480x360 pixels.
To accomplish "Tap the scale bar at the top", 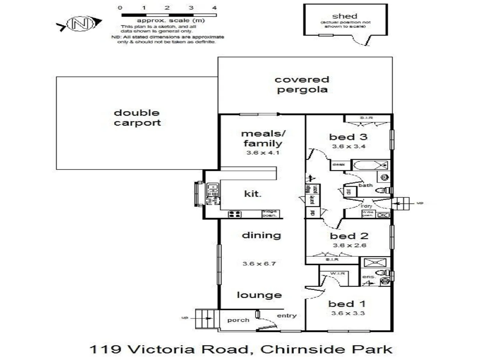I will point(169,15).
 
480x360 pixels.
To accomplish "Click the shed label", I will point(345,16).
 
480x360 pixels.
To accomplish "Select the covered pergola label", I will point(302,84).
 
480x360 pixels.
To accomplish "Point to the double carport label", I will point(137,118).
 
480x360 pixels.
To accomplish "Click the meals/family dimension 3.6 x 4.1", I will point(263,153).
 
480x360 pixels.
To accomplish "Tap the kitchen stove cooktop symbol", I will point(235,214).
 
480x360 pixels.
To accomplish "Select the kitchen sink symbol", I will point(212,190).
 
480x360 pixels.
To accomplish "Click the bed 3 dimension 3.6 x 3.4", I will point(349,146).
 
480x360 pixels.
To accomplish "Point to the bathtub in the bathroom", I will point(370,165).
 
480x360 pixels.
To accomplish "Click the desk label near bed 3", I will point(339,165).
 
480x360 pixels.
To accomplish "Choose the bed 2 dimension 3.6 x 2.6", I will point(349,245).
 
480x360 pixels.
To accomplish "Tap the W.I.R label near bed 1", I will point(337,274).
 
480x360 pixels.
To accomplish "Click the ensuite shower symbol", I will point(375,262).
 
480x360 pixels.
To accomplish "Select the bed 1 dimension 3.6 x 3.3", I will point(348,313).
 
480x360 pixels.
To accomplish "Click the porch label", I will point(238,320).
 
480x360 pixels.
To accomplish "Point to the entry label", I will point(287,315).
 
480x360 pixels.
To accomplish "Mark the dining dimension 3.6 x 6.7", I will point(259,264).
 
